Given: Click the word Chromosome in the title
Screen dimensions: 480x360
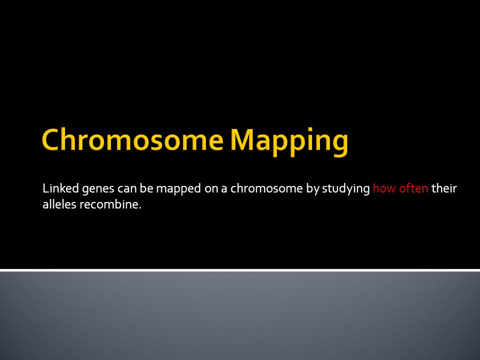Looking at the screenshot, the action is [132, 139].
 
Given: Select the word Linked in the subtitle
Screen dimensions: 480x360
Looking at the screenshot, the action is [61, 188].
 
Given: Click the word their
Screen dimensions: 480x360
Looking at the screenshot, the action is [444, 188].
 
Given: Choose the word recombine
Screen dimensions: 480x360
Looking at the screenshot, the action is [108, 204].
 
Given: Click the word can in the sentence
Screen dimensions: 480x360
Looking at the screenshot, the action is [127, 189].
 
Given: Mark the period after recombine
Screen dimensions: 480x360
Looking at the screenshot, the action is [140, 208].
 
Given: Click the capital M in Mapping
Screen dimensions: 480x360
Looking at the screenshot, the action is [242, 140].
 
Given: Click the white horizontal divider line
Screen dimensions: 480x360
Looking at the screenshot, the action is [240, 270].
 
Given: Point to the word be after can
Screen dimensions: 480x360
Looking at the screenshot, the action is [146, 188].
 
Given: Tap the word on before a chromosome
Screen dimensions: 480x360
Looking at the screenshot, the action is [211, 189].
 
